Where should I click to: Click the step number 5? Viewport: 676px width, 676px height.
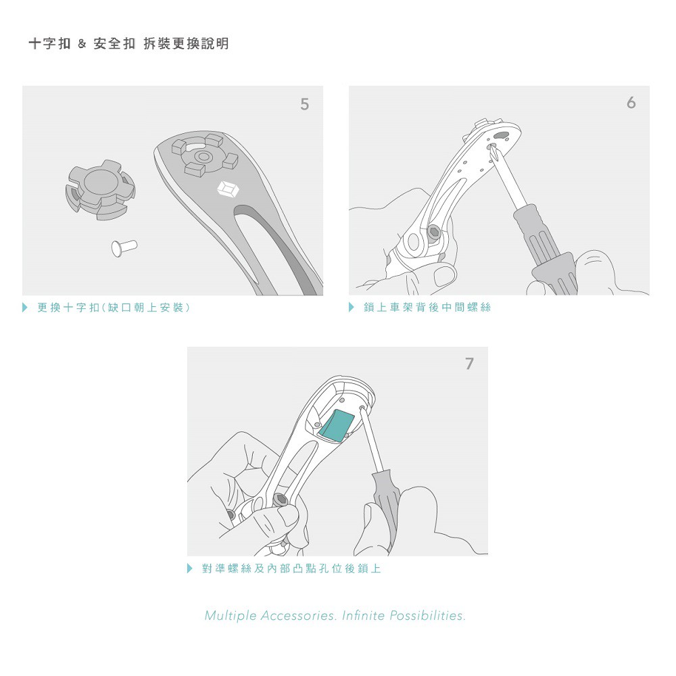coord(304,104)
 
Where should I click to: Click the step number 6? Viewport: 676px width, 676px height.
coord(631,103)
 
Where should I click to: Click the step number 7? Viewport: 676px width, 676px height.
coord(469,364)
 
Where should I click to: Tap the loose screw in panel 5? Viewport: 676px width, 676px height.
coord(124,248)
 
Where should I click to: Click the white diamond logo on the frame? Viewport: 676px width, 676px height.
coord(228,189)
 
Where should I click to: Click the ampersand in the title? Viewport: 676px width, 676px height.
coord(82,44)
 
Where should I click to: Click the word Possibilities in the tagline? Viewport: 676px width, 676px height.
coord(427,616)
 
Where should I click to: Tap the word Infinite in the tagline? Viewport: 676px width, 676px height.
coord(363,615)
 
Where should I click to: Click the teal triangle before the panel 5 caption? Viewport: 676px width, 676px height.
coord(25,308)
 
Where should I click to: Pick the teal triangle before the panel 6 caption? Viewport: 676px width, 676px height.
coord(352,307)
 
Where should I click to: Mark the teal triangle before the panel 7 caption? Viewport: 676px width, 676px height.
coord(190,569)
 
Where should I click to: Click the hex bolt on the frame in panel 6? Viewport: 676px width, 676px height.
coord(433,233)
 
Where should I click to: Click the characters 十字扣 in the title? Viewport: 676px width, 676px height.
coord(49,44)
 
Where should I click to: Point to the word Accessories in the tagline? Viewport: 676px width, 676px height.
coord(298,616)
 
